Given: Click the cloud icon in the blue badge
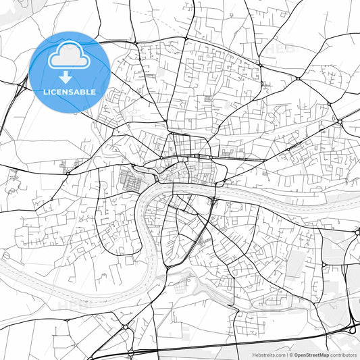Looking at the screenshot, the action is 70,56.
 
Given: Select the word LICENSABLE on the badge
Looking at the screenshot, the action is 70,92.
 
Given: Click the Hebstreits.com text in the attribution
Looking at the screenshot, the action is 268,354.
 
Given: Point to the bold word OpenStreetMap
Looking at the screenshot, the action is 311,354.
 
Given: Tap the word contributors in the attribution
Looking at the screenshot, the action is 344,354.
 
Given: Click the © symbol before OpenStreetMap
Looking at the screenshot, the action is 291,354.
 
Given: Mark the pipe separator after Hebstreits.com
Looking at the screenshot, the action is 286,354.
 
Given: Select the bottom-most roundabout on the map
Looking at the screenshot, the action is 130,353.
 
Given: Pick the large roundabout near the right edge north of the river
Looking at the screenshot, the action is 338,122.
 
